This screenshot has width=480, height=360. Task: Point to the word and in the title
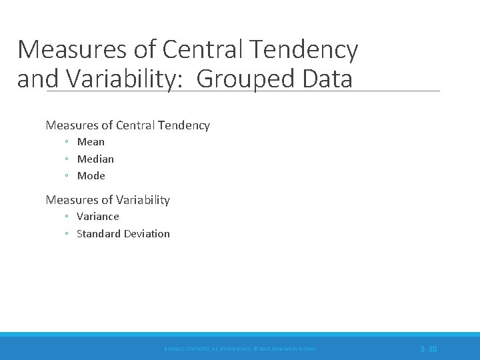(33, 79)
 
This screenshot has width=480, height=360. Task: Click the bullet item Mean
(91, 141)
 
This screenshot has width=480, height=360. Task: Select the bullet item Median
(95, 159)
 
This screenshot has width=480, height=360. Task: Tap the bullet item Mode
(91, 175)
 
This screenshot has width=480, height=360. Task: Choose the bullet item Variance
(98, 216)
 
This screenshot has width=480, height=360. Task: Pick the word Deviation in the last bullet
(148, 233)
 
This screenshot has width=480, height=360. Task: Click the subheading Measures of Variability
(107, 199)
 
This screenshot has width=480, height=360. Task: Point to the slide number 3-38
(428, 349)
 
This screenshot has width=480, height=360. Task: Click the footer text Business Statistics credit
(240, 349)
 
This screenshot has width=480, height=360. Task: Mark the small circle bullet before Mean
(67, 142)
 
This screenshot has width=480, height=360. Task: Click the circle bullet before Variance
(67, 217)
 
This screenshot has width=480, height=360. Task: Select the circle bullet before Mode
(67, 176)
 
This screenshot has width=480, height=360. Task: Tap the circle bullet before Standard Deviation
(67, 234)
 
